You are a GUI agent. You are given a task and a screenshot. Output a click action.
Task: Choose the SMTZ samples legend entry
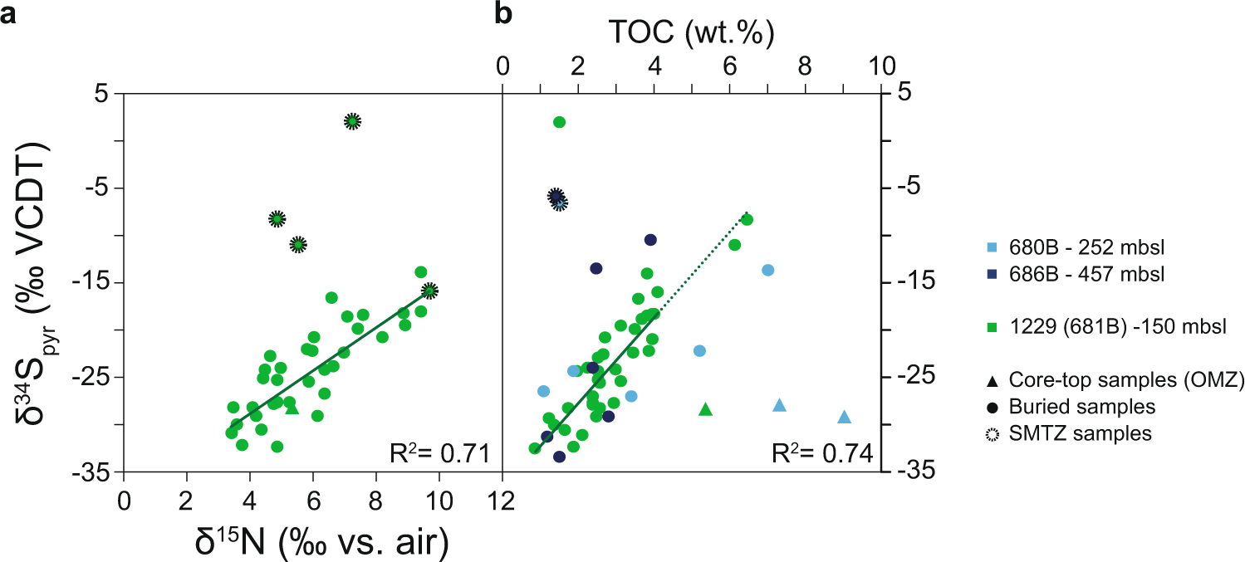[x=1081, y=432]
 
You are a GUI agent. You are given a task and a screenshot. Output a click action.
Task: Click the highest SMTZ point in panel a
[x=352, y=121]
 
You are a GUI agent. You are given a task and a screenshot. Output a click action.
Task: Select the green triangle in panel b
[x=706, y=408]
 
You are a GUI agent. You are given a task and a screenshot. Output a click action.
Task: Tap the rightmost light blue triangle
[x=844, y=417]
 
